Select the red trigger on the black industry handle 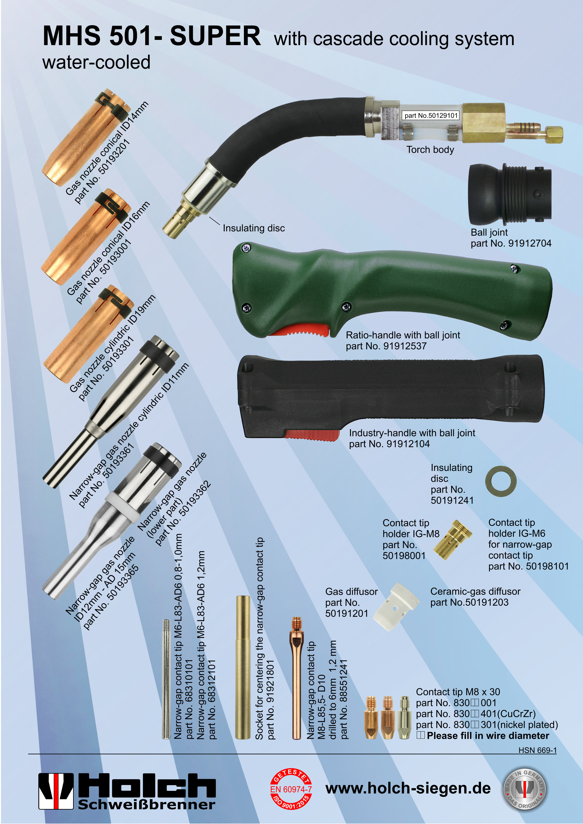(312, 435)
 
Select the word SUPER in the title (215, 36)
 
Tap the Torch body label (430, 150)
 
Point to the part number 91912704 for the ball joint (529, 243)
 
